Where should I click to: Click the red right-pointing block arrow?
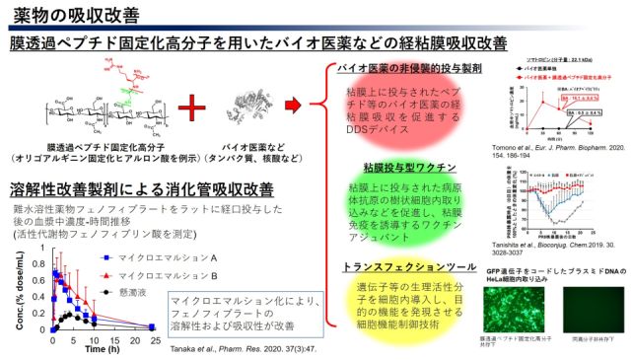[292, 104]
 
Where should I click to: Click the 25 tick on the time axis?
[154, 338]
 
